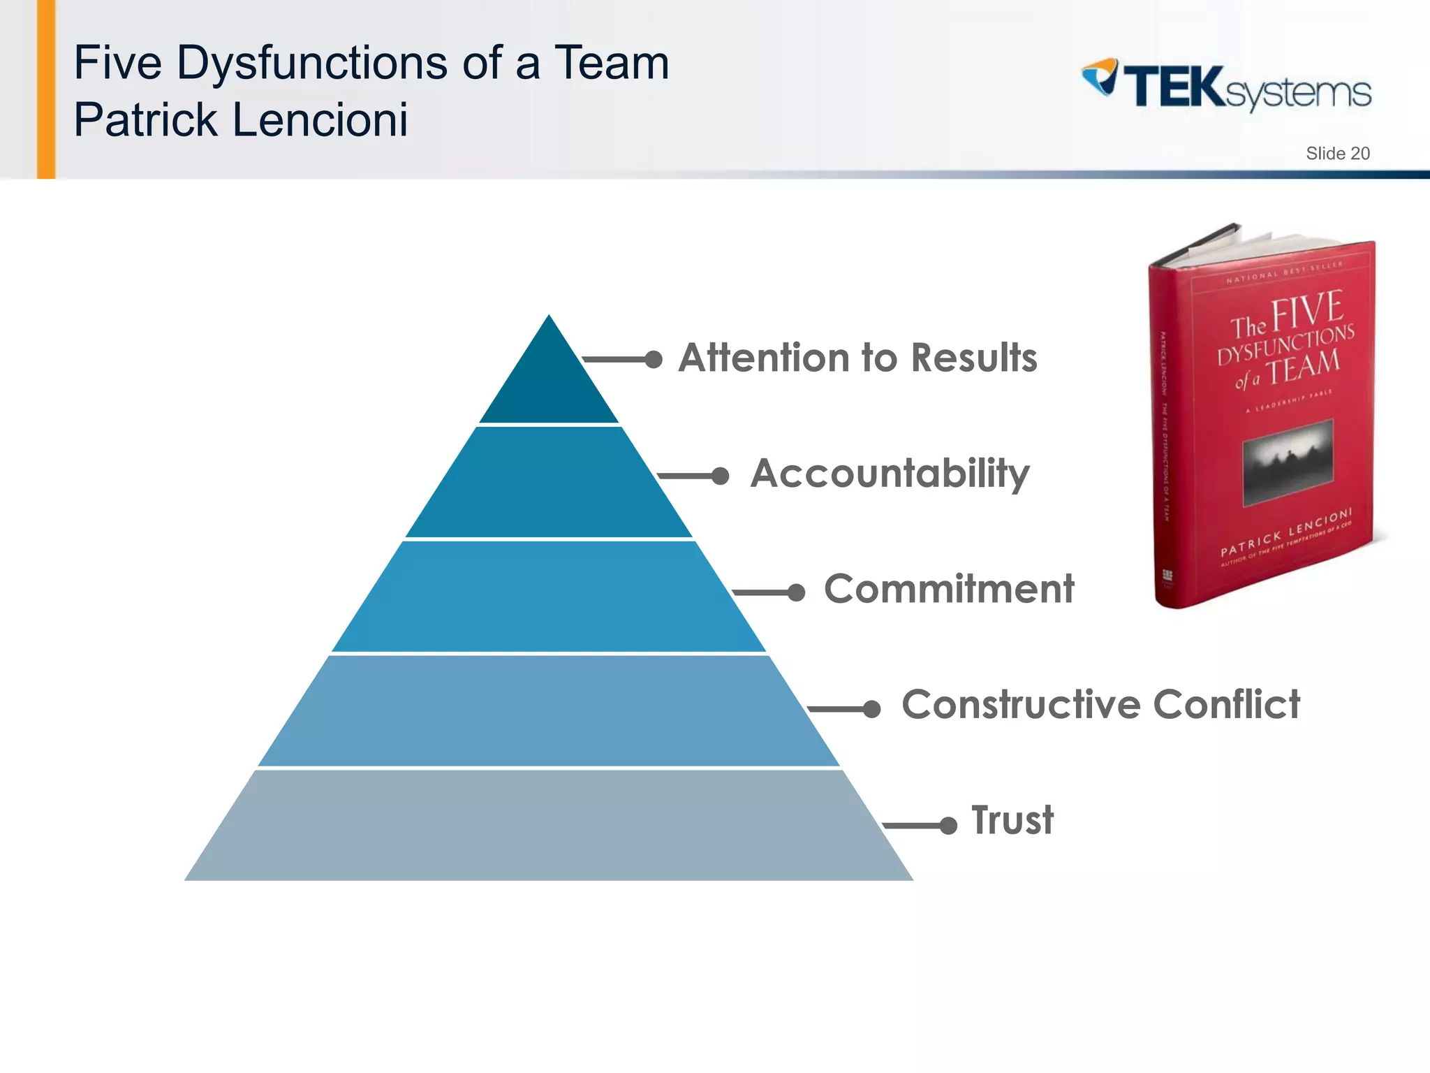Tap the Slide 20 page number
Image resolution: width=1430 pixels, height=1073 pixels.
pos(1337,154)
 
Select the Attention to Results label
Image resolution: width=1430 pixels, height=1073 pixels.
pos(857,358)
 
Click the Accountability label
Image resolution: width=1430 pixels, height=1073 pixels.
pos(890,474)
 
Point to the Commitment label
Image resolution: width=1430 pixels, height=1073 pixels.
pos(948,589)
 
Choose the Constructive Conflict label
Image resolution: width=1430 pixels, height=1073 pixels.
pos(1100,704)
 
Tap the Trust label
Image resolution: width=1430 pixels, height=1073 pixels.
pos(1012,820)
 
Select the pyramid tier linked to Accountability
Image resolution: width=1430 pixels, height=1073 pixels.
pos(549,482)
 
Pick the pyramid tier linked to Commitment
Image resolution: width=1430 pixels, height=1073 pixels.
pos(549,597)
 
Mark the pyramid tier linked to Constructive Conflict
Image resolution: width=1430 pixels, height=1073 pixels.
pos(549,710)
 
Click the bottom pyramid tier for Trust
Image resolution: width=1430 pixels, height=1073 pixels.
pos(549,825)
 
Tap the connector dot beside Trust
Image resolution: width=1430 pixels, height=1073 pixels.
pos(948,826)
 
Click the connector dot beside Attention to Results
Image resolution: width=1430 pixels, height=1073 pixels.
pos(654,360)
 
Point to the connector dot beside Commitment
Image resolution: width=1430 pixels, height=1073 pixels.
pos(796,593)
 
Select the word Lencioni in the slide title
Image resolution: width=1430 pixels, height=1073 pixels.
pos(320,119)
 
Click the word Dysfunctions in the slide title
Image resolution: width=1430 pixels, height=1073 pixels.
pos(313,63)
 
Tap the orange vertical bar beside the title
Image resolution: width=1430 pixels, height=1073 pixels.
pos(46,89)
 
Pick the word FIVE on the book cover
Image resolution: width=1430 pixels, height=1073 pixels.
pos(1306,312)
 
